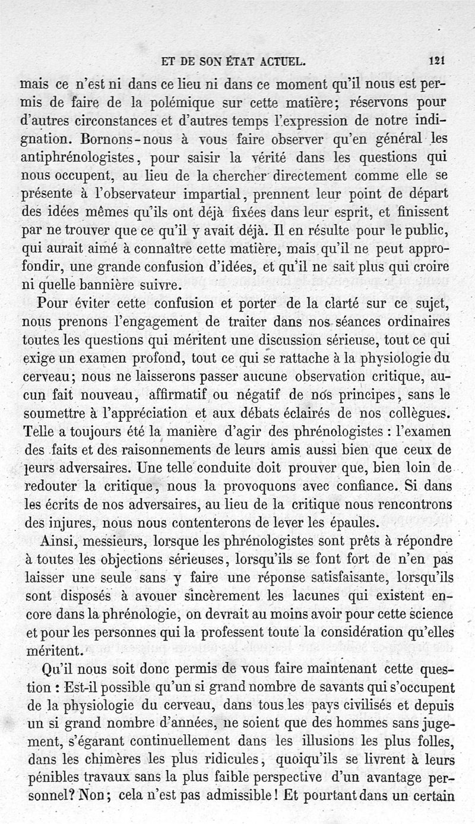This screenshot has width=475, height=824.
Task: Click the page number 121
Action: click(438, 61)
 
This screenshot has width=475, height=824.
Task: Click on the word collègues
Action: click(414, 413)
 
